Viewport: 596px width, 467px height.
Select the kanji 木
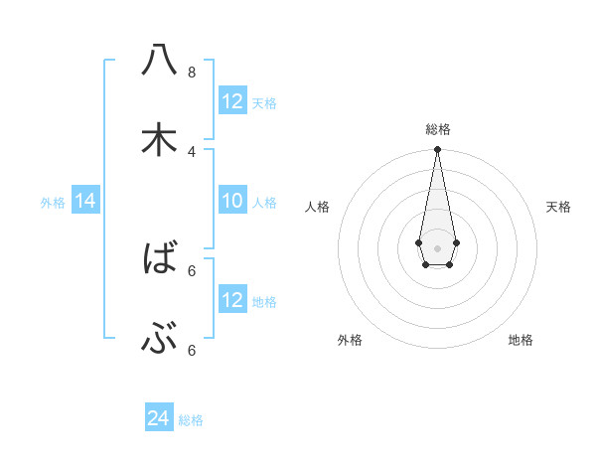tap(159, 140)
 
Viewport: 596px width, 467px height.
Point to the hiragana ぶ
tap(159, 341)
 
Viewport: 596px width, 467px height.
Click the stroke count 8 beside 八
tap(192, 72)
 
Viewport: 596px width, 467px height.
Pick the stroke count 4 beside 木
tap(192, 151)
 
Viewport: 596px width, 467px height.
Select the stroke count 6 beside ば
tap(192, 270)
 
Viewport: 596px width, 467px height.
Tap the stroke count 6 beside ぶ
tap(192, 350)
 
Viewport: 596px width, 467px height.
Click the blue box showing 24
tap(159, 418)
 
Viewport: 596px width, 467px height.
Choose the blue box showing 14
tap(85, 202)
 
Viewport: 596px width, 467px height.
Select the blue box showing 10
tap(232, 202)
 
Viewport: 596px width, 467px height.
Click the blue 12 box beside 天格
tap(232, 101)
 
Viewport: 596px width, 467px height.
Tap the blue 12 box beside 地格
tap(232, 300)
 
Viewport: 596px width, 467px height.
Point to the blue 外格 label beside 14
tap(53, 203)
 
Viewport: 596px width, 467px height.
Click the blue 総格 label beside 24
tap(191, 420)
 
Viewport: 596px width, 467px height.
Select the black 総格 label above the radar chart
tap(438, 129)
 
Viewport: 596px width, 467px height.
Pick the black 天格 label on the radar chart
tap(558, 207)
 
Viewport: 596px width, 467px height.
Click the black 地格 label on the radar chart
tap(521, 340)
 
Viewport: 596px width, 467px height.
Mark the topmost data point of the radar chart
tap(437, 150)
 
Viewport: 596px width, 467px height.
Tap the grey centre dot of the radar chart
tap(437, 246)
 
